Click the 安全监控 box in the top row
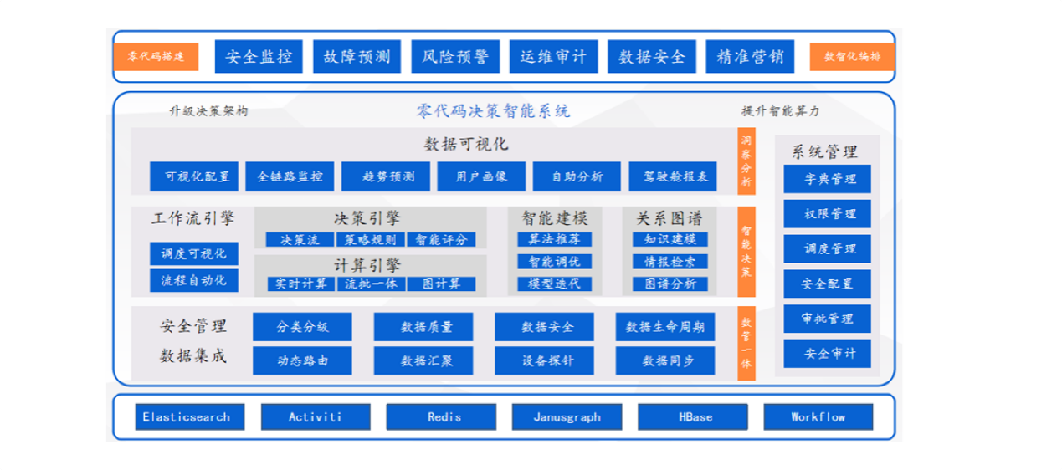[259, 57]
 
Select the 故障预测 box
[357, 57]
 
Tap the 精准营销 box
[750, 57]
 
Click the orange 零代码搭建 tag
[156, 57]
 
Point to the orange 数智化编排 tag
[852, 57]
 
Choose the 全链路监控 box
[290, 176]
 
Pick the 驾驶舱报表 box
[673, 176]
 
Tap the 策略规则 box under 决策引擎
[371, 240]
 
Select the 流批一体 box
[371, 284]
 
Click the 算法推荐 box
[554, 240]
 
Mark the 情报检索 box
[670, 262]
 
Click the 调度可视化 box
[193, 254]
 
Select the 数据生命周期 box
[665, 327]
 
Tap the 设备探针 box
[545, 360]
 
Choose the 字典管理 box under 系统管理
[827, 179]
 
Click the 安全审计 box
[827, 354]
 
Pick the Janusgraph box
[567, 416]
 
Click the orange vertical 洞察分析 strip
[746, 161]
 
